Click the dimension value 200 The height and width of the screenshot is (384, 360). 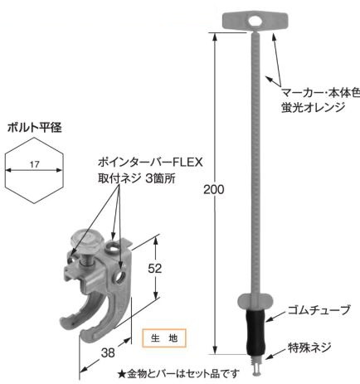coord(213,190)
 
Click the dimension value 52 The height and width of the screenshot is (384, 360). coord(154,268)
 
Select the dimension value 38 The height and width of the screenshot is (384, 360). coord(108,352)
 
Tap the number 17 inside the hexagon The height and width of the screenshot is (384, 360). coord(35,164)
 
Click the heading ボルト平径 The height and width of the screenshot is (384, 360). coord(35,128)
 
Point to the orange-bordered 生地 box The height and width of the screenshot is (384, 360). coord(164,338)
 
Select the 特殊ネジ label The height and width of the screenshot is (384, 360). coord(309,348)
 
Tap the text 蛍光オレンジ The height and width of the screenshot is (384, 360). coord(314,107)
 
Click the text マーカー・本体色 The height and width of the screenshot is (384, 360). coord(321,94)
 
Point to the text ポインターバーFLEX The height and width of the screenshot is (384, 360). coord(150,163)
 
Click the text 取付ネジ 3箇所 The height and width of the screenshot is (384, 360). coord(137,178)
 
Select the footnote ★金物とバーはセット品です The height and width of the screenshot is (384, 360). coord(178,374)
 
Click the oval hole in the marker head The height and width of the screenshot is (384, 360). coord(255,21)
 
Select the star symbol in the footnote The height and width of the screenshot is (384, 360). coord(122,374)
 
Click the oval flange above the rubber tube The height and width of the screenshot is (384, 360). coord(255,299)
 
